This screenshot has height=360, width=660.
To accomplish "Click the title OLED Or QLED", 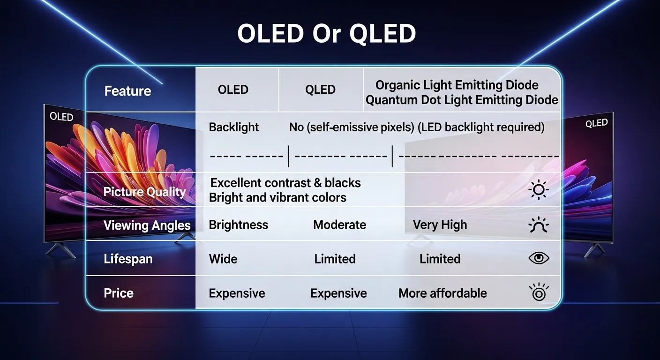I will click(x=326, y=34).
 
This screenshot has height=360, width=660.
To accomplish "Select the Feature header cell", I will click(x=127, y=91).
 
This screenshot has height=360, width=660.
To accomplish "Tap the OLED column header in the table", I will click(x=233, y=90).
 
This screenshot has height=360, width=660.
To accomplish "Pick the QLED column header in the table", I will click(x=320, y=90).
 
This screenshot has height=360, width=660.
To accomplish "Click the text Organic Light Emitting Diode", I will click(x=457, y=85).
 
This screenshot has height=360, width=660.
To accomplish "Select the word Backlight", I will click(x=234, y=127).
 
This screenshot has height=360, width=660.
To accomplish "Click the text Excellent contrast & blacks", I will click(x=285, y=183).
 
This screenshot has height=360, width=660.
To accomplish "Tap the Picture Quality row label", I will click(x=144, y=192).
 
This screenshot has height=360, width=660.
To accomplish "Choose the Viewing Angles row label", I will click(x=147, y=225).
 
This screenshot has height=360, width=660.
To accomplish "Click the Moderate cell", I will click(x=339, y=225).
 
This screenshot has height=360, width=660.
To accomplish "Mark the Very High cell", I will click(x=440, y=225).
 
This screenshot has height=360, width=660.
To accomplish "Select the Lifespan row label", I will click(x=128, y=259).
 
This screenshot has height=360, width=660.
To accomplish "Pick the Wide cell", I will click(x=223, y=259).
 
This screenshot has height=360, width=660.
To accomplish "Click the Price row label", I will click(x=119, y=293).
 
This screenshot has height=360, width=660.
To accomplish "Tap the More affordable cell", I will click(x=442, y=293).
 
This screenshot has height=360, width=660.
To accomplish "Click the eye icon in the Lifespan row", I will click(x=539, y=258).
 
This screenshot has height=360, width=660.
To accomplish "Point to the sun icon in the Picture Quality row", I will click(x=538, y=190).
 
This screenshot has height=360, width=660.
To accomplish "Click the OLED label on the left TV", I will click(x=61, y=117).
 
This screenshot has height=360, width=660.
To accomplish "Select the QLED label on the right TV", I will click(x=597, y=124).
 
